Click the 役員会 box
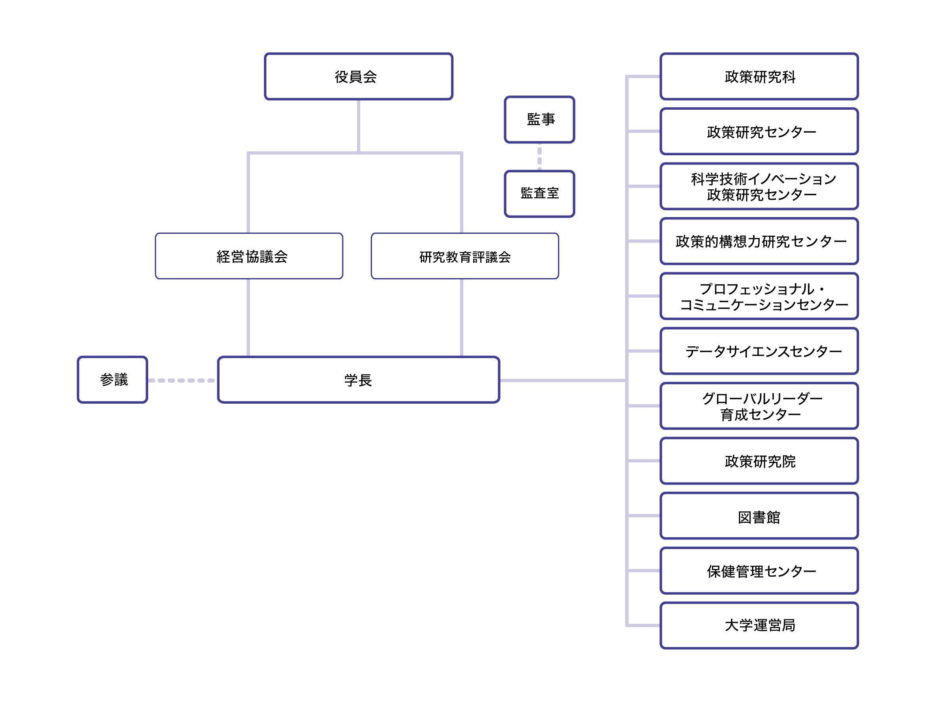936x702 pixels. point(358,76)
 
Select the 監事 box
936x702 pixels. point(539,120)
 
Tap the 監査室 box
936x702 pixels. point(539,194)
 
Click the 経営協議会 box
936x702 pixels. point(249,256)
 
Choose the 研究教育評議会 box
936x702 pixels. point(464,256)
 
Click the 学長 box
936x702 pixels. point(358,380)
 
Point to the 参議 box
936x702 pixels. point(113,380)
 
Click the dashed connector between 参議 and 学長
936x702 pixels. point(182,380)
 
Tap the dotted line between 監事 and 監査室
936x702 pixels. point(539,156)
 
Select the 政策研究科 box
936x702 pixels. point(759,76)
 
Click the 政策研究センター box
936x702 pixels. point(759,132)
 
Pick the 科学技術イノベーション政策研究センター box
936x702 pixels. point(759,186)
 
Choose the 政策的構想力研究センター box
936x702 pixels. point(759,241)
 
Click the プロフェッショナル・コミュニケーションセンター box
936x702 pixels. point(759,296)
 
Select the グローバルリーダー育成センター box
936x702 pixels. point(759,406)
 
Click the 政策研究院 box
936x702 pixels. point(759,461)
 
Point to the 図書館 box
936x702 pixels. point(759,516)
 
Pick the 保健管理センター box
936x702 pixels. point(759,570)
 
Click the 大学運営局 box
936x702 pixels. point(759,626)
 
